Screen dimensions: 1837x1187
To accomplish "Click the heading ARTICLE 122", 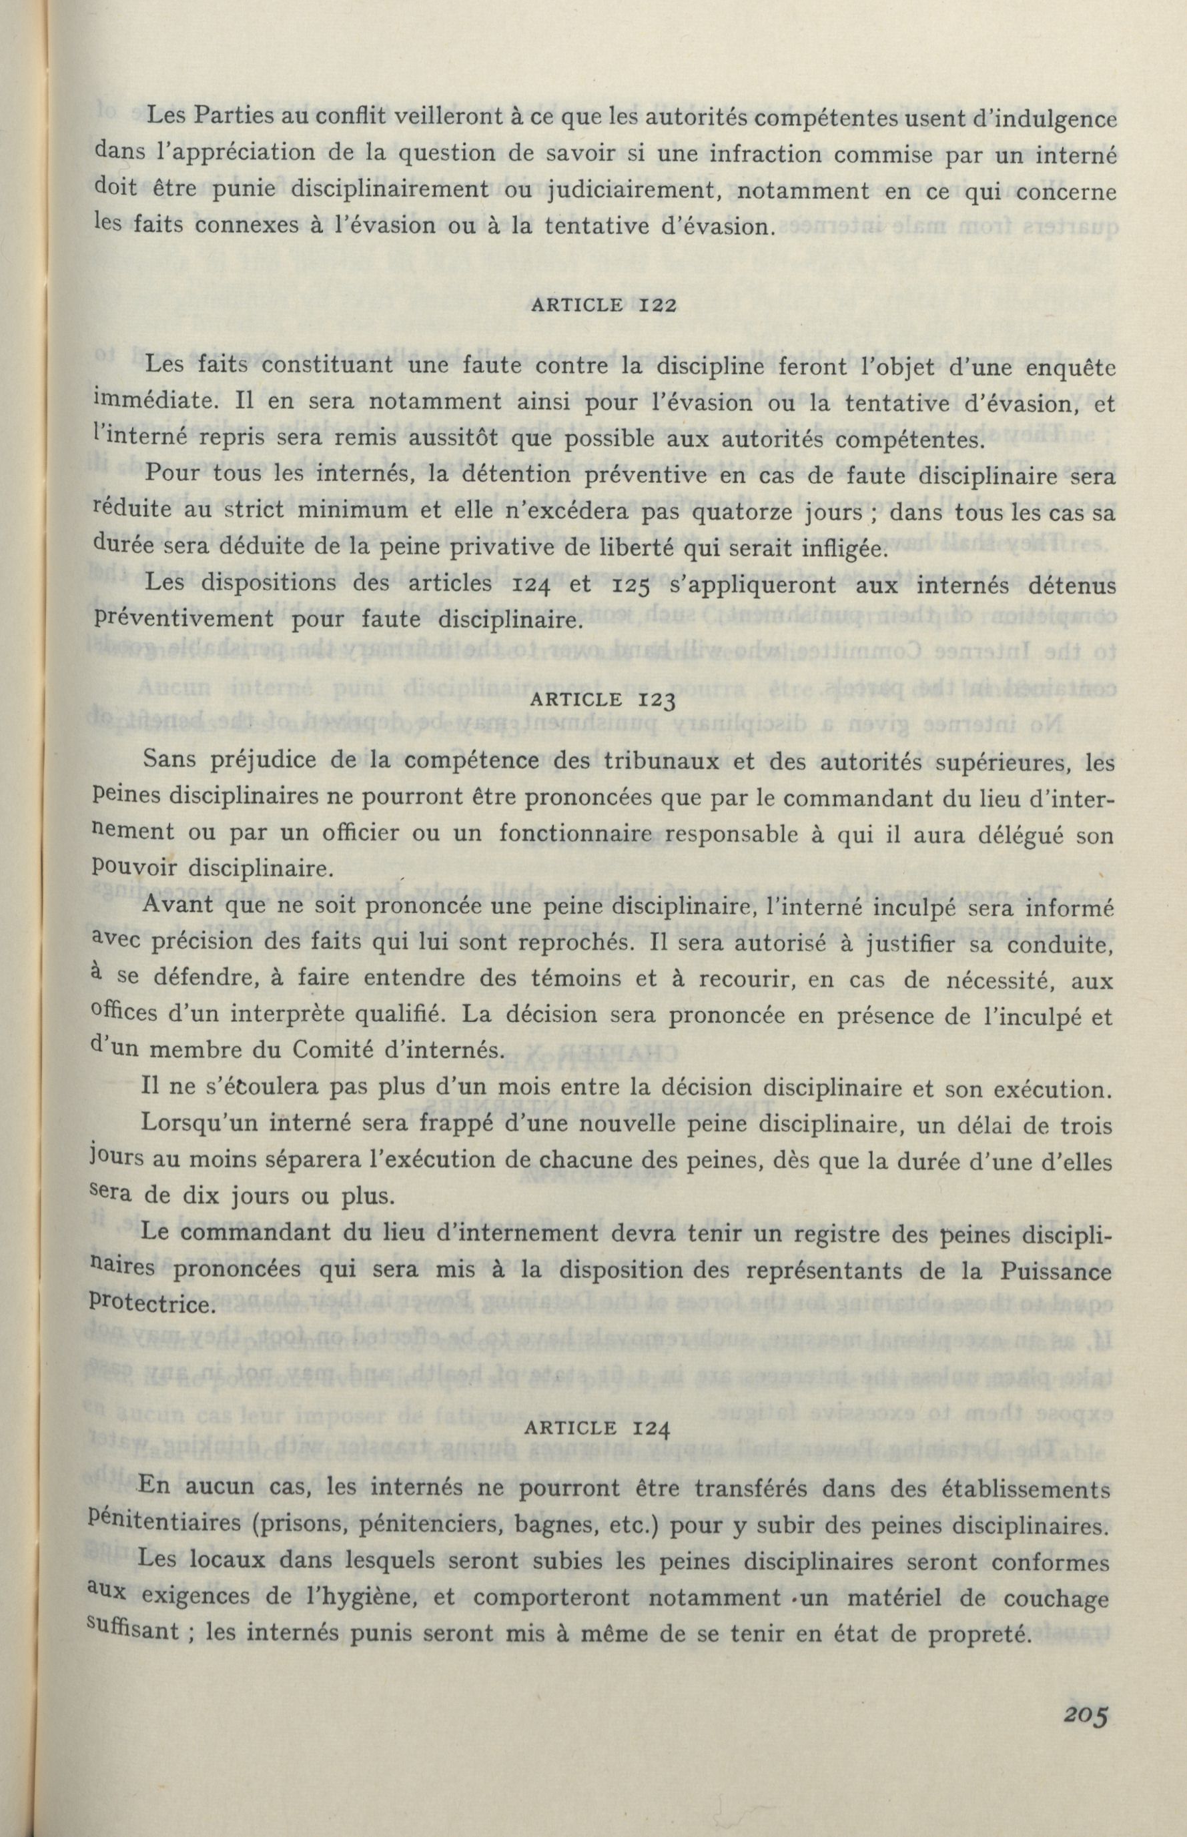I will [x=604, y=304].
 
